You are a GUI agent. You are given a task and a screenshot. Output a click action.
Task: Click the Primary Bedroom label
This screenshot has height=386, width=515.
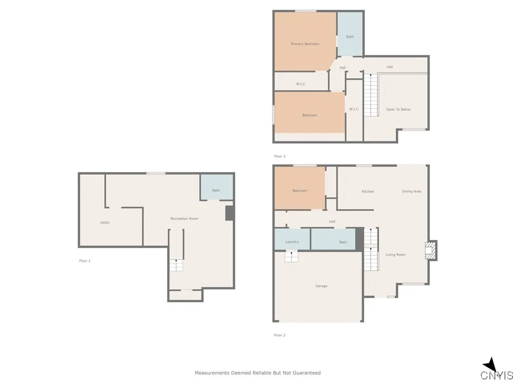[305, 44]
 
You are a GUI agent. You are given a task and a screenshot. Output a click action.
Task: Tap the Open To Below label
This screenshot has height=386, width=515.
[398, 110]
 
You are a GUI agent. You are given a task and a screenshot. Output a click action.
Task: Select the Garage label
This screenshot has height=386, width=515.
[321, 286]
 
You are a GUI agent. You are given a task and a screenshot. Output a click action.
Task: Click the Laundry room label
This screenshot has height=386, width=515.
[292, 242]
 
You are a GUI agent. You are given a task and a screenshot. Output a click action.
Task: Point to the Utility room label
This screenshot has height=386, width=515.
[105, 223]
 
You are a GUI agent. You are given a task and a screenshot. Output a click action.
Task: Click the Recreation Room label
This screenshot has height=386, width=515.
[184, 219]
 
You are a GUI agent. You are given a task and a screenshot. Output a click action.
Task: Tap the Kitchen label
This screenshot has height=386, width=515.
[368, 191]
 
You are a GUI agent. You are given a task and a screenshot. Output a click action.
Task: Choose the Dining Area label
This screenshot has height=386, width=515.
[411, 191]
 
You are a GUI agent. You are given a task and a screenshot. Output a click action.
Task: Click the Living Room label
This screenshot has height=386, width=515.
[395, 255]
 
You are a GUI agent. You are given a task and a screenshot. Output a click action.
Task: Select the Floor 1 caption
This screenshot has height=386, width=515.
[85, 261]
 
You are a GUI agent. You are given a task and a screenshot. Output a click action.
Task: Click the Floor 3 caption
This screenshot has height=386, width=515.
[280, 156]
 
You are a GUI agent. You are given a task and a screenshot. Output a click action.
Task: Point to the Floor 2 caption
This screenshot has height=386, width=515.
[280, 335]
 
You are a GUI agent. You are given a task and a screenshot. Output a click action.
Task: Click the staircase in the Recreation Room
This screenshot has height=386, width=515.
[176, 265]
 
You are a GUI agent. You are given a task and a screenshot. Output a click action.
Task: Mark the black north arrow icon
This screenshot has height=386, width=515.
[490, 365]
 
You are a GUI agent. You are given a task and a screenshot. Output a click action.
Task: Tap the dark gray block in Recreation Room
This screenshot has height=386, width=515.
[229, 213]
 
